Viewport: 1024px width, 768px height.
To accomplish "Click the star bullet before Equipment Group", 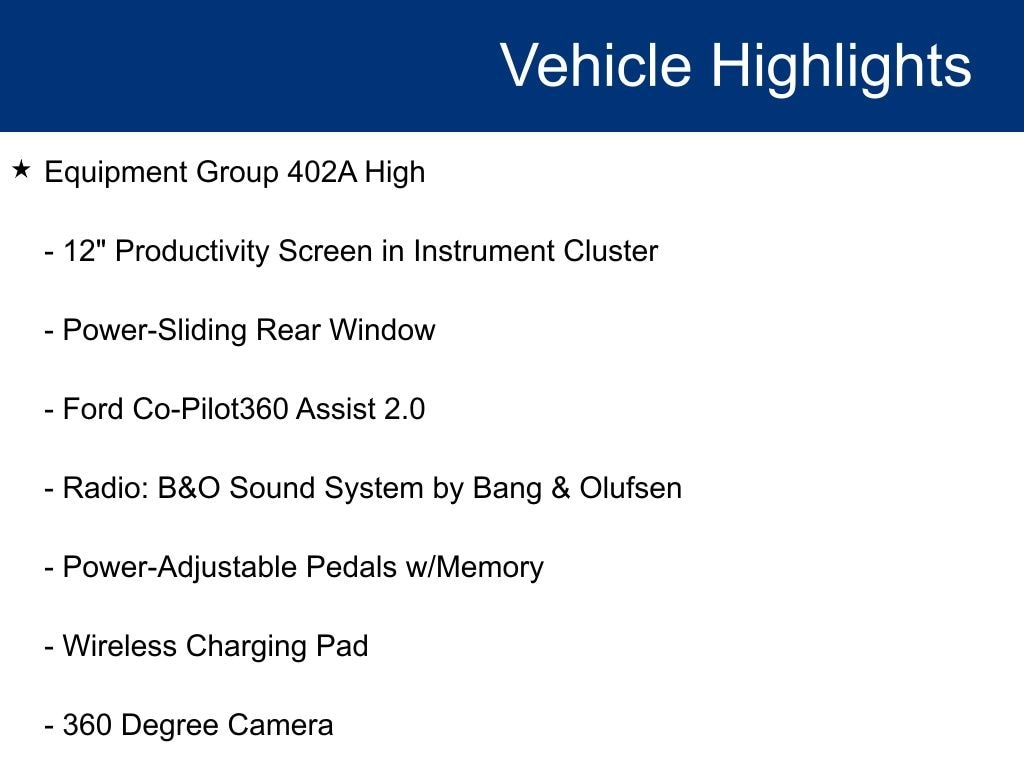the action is tap(22, 170).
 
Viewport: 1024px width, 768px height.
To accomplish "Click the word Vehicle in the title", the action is tap(596, 65).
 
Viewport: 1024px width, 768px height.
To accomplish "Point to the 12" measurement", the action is tap(84, 251).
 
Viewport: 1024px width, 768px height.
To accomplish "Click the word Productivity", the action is tap(193, 251).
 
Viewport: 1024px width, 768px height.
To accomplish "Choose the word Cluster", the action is tap(611, 251).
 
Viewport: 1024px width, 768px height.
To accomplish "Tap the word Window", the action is tap(382, 330).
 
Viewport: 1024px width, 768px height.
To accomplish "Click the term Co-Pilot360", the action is tap(210, 409).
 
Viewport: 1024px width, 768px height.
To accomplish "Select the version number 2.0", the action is tap(404, 409).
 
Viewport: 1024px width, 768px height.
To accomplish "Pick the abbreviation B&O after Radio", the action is tap(189, 488).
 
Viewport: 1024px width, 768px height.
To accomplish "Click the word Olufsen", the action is tap(630, 488).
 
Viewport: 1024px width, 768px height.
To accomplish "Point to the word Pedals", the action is tap(351, 567).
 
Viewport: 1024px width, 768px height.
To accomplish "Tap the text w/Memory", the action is tap(475, 567).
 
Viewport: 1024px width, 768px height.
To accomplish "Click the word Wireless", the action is tap(120, 646).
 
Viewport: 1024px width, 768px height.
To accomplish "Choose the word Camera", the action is tap(280, 725).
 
